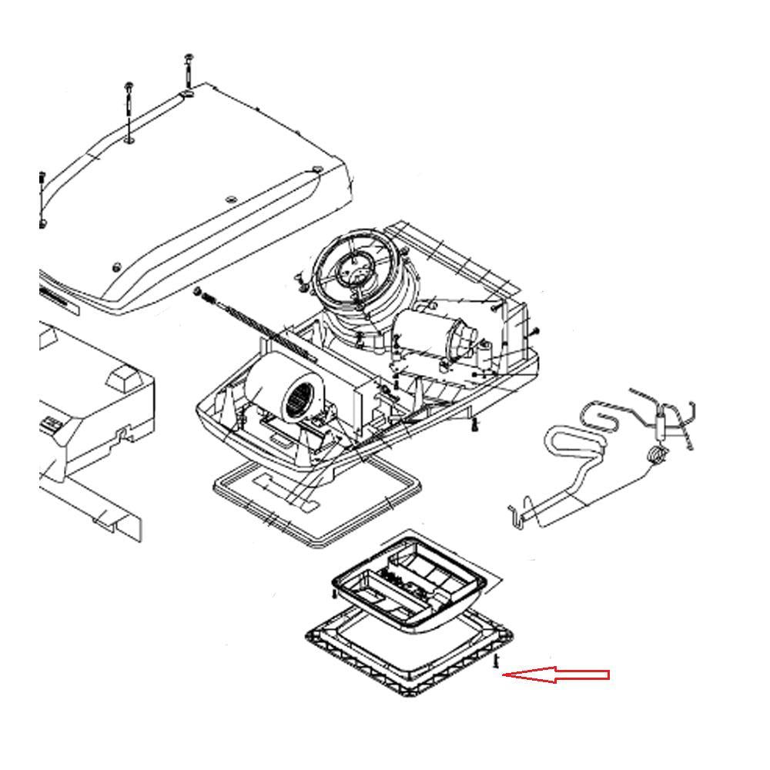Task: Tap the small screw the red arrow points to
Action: pos(497,661)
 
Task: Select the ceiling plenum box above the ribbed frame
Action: pos(408,581)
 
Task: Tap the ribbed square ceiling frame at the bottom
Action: pos(408,654)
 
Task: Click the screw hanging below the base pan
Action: pos(476,423)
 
